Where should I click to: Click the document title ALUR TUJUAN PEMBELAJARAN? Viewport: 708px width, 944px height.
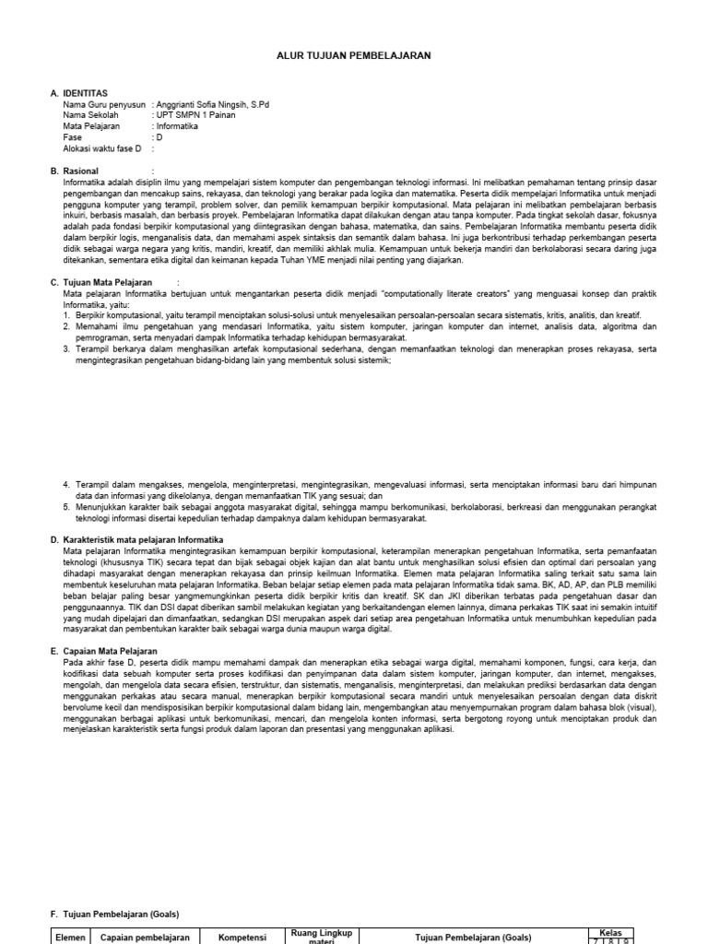pos(354,56)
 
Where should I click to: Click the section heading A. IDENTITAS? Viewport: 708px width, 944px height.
pos(79,93)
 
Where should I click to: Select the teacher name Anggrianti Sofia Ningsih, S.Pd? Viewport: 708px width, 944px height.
pos(213,104)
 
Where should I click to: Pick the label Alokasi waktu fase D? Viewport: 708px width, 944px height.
pos(102,147)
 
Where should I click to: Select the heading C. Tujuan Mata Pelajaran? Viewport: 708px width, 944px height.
pos(101,281)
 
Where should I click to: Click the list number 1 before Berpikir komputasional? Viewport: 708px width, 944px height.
pos(66,314)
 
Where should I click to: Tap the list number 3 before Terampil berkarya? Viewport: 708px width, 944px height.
pos(66,349)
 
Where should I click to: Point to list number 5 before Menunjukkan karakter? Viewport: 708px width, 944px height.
pos(66,507)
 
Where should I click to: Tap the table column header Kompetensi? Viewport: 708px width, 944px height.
pos(242,937)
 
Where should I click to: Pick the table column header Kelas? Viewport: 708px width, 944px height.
pos(611,932)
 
